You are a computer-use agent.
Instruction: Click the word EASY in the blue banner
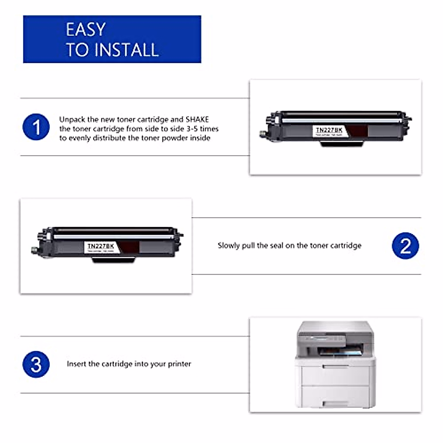[86, 30]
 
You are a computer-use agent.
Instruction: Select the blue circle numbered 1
[36, 127]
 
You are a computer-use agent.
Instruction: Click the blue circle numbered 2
[405, 245]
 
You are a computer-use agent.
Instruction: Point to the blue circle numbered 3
[36, 364]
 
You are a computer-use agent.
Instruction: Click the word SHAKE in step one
[197, 120]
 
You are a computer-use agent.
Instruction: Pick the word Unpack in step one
[72, 120]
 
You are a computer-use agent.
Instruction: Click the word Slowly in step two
[229, 246]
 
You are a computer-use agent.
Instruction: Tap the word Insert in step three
[76, 364]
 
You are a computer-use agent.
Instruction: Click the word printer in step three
[179, 364]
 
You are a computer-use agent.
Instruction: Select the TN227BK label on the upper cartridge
[329, 130]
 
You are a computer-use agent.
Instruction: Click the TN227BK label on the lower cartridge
[100, 246]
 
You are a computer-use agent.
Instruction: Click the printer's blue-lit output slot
[340, 351]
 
